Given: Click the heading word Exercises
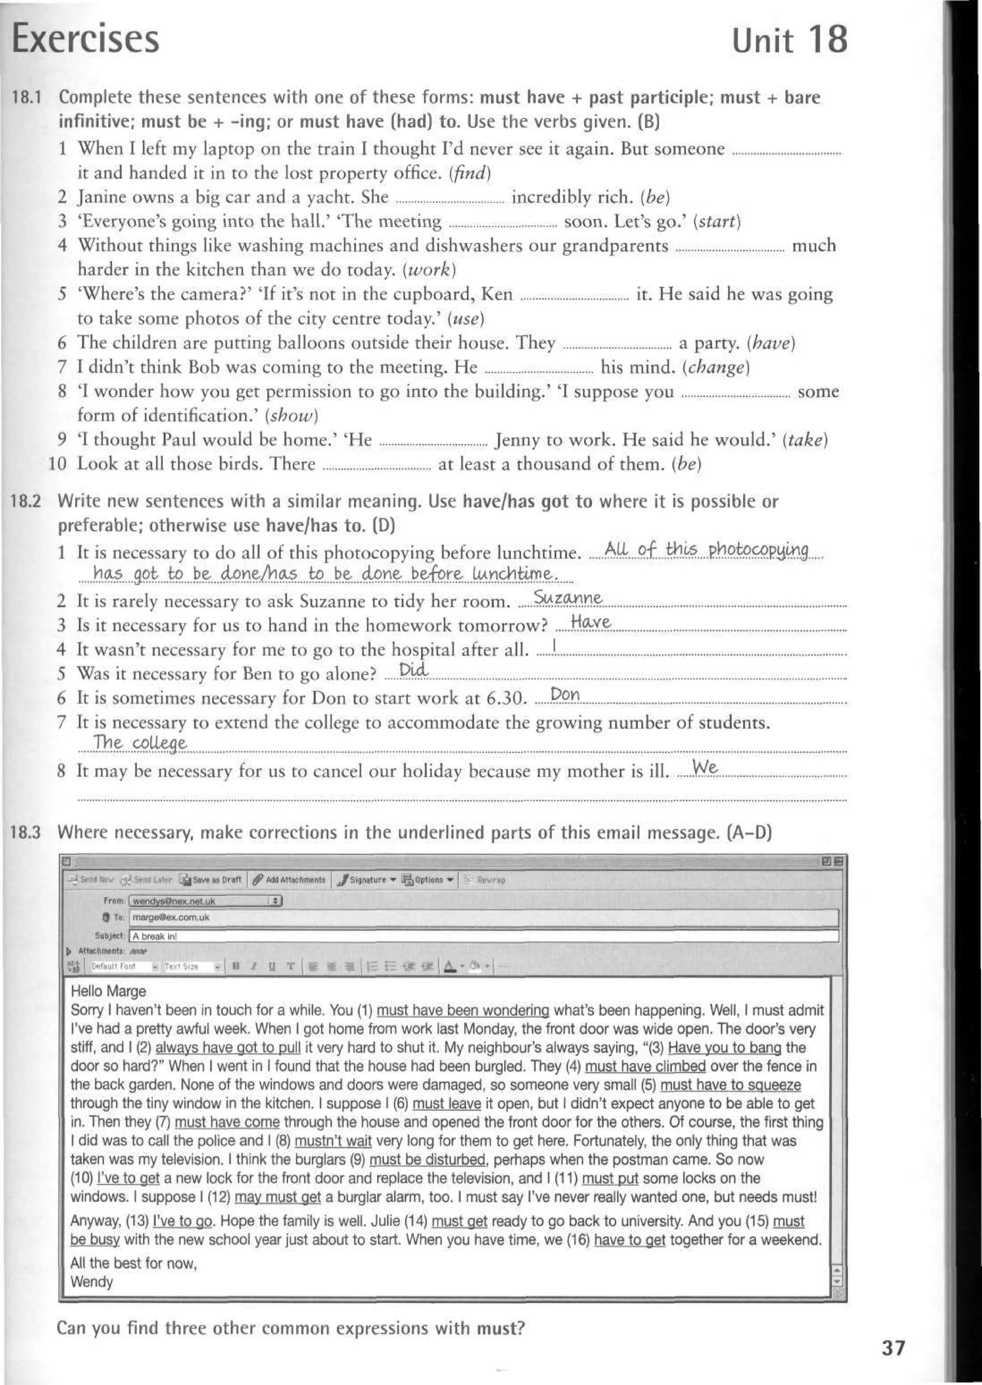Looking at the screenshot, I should [x=85, y=39].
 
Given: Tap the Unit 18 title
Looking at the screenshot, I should [x=789, y=40].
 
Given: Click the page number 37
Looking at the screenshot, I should [x=893, y=1348].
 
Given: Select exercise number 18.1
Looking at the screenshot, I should [x=26, y=97].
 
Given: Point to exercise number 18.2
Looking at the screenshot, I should [x=26, y=501].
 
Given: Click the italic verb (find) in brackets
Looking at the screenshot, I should [x=469, y=174].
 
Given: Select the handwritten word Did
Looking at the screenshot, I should [x=414, y=670].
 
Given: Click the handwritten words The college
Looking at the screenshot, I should [x=140, y=743].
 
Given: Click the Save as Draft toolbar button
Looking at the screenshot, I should [x=211, y=880].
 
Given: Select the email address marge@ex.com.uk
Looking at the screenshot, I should [x=171, y=917].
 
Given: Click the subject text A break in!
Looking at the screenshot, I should [x=155, y=936].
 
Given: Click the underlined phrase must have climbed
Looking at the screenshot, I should [x=645, y=1066].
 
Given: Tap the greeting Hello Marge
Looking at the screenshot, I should [x=108, y=991].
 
